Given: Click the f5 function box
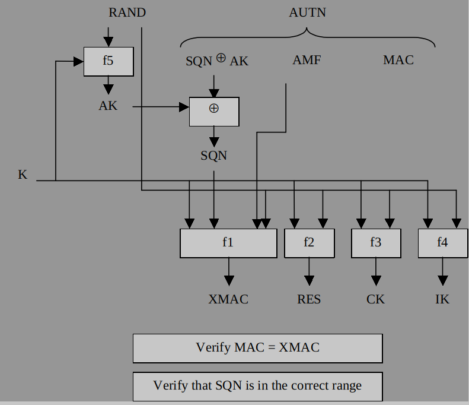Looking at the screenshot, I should [x=108, y=61].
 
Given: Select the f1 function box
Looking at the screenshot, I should [x=228, y=243].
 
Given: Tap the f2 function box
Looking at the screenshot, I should [x=309, y=243].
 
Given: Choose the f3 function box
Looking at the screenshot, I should [x=376, y=243].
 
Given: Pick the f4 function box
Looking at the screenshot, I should [x=442, y=243].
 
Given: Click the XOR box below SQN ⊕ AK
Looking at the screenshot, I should [x=214, y=111].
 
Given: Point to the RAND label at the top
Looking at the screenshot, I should [x=127, y=12].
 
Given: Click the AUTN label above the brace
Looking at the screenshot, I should [x=307, y=12].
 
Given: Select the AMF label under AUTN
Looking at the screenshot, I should [x=307, y=61].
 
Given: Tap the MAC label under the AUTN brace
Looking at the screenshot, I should [x=398, y=61].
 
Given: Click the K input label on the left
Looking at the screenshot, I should [x=23, y=175].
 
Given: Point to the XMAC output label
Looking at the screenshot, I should [x=228, y=299].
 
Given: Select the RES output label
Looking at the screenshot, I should [x=309, y=299].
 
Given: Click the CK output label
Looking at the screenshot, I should [x=376, y=299].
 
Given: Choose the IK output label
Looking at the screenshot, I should [x=442, y=299].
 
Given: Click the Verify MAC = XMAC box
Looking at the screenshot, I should [x=257, y=348].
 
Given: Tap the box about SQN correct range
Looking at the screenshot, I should [x=257, y=386].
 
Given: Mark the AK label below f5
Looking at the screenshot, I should [x=108, y=106].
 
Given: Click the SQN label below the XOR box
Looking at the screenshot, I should [x=214, y=156].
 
